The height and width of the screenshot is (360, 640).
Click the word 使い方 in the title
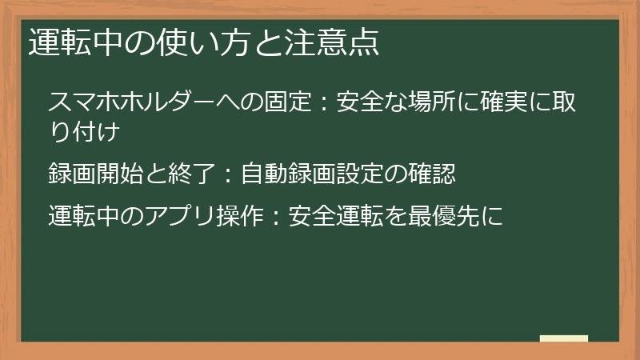[x=193, y=42]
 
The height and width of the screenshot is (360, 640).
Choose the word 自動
[x=264, y=171]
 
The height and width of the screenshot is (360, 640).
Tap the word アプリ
[x=167, y=214]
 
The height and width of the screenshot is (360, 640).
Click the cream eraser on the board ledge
[x=563, y=338]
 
